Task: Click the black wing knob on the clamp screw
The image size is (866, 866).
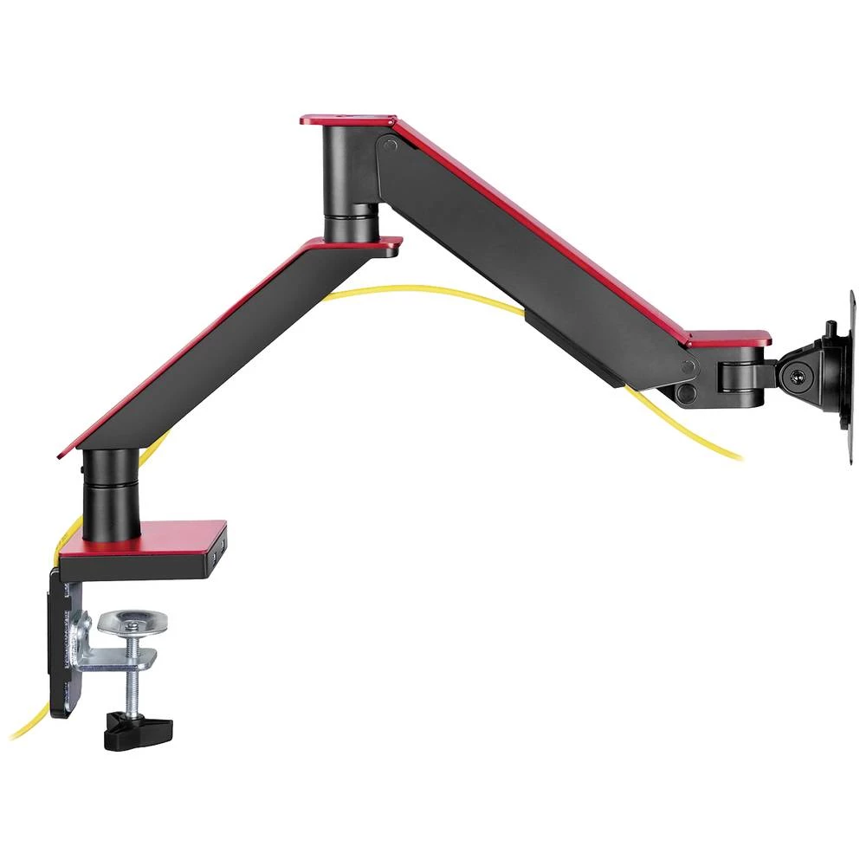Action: click(137, 731)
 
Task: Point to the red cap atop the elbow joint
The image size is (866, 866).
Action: click(346, 119)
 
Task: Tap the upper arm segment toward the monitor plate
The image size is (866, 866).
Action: click(537, 260)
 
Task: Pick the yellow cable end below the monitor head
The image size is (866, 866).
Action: click(723, 450)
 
